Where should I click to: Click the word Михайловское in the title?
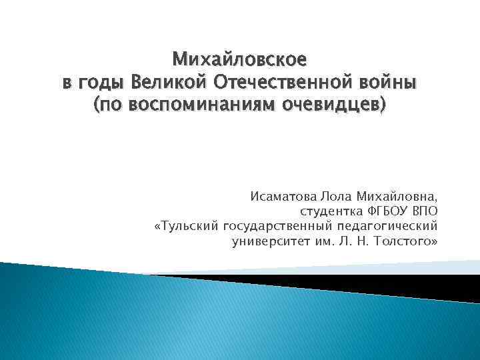coord(240,60)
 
